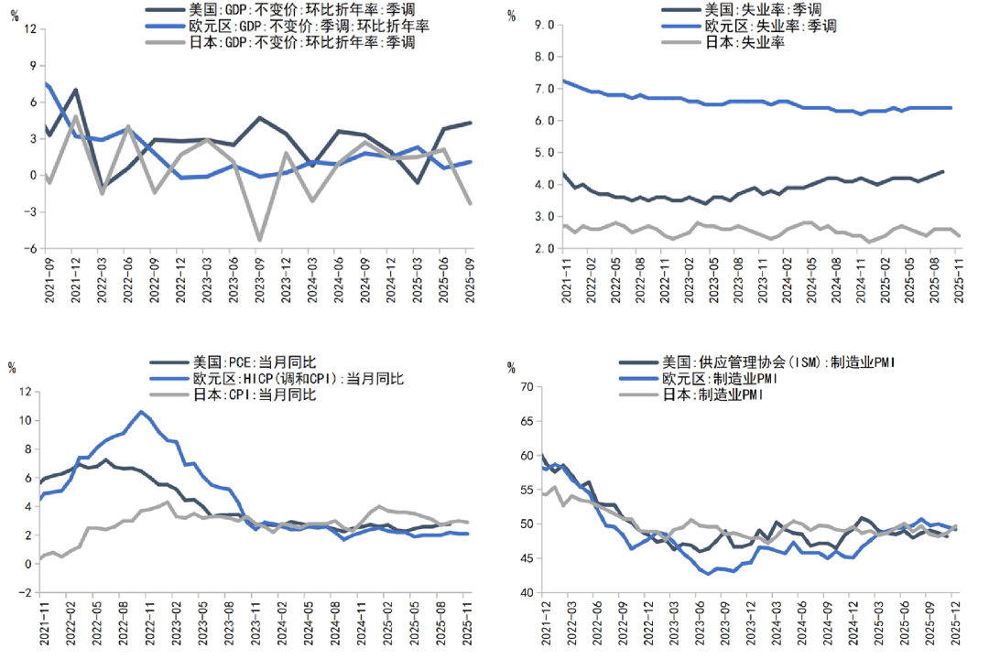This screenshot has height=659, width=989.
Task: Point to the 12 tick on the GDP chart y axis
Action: click(30, 29)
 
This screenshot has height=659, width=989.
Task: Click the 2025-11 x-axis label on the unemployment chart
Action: click(959, 277)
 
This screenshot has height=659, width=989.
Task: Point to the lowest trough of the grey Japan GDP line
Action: click(260, 241)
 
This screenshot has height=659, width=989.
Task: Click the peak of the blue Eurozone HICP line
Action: click(141, 412)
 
